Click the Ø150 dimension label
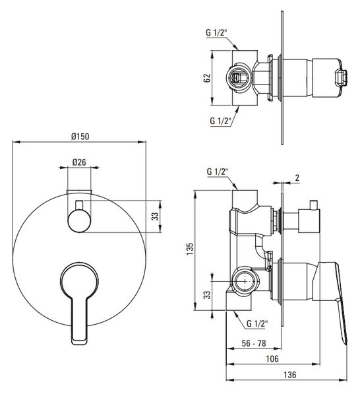coord(80,137)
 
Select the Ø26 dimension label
coord(79,162)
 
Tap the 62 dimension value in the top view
coord(207,78)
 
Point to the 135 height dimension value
coord(190,249)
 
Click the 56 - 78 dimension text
coord(254,343)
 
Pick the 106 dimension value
coord(272,358)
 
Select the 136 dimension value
coord(290,374)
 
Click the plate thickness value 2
coord(297,178)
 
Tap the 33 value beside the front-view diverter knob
coord(155,216)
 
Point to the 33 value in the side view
coord(207,295)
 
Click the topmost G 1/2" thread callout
coord(217,32)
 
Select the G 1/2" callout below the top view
coord(221,121)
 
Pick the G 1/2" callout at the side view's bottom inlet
coord(257,323)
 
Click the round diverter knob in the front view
coord(79,220)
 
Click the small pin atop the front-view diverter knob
coord(79,205)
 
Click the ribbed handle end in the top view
coord(341,77)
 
